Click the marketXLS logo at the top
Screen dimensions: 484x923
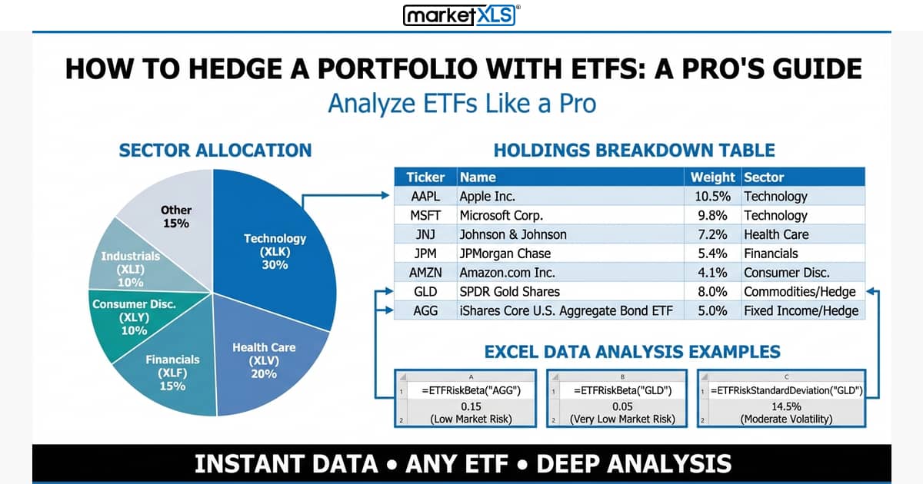tap(461, 15)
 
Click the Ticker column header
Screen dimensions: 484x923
tap(425, 177)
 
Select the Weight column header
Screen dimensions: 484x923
tap(714, 177)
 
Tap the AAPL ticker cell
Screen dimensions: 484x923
tap(425, 196)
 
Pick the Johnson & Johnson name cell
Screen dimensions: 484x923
tap(513, 234)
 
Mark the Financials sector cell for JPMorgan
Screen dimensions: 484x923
tap(771, 254)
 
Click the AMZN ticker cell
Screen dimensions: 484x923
tap(425, 273)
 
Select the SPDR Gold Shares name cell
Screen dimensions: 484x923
tap(509, 292)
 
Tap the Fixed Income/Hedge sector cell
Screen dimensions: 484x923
tap(800, 311)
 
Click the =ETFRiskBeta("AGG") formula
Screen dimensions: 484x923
tap(471, 390)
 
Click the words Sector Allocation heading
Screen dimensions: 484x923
tap(215, 150)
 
